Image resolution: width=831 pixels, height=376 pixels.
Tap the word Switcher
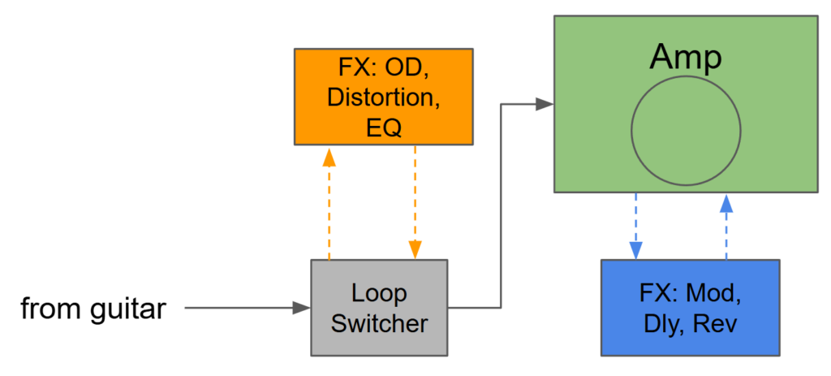[x=379, y=323]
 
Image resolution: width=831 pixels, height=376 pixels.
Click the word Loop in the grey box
[x=379, y=292]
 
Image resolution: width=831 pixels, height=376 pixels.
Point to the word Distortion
[x=383, y=97]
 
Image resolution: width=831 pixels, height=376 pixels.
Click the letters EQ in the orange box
[x=383, y=127]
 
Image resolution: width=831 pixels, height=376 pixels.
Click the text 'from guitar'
[x=93, y=309]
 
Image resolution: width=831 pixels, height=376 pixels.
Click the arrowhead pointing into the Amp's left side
[x=545, y=104]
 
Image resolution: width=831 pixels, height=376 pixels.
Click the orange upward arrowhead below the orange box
[x=329, y=157]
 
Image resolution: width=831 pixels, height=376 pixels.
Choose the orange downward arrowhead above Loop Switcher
[x=415, y=250]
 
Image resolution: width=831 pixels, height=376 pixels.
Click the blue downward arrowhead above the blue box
[x=635, y=249]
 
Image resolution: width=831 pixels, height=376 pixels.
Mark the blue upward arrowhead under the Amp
[x=726, y=203]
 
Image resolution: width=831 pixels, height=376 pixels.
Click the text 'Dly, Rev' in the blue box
[x=691, y=323]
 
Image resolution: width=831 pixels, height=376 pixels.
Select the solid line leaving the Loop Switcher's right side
[x=475, y=308]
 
